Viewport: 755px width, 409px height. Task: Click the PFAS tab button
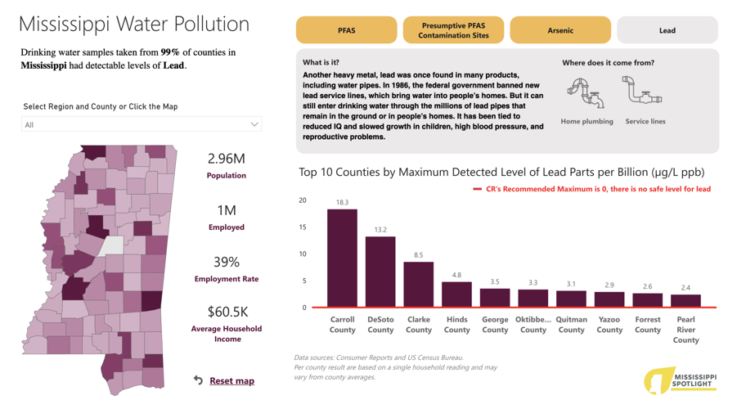click(346, 30)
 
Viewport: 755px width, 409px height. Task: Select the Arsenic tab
click(560, 30)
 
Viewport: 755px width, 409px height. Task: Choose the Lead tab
click(667, 30)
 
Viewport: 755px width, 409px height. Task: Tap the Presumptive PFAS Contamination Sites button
click(454, 30)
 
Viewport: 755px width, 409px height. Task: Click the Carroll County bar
click(343, 258)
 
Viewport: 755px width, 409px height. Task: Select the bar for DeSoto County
click(380, 272)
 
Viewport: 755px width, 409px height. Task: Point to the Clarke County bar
click(419, 284)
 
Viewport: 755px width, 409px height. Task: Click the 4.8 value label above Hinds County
click(456, 275)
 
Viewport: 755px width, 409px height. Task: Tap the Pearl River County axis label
click(685, 330)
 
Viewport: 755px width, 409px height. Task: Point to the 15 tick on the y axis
click(303, 227)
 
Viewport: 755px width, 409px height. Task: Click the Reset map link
click(231, 380)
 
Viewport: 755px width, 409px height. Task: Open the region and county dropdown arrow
click(254, 124)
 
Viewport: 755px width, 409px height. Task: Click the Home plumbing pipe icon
click(586, 93)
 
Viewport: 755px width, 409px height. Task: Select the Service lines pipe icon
click(642, 90)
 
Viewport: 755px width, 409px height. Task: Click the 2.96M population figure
click(227, 159)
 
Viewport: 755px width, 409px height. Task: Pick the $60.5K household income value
click(227, 312)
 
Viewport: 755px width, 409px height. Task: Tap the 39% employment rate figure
click(227, 262)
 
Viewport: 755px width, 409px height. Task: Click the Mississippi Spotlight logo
click(681, 380)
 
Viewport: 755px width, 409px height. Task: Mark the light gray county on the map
click(111, 245)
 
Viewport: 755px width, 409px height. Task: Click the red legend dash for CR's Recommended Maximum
click(477, 189)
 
